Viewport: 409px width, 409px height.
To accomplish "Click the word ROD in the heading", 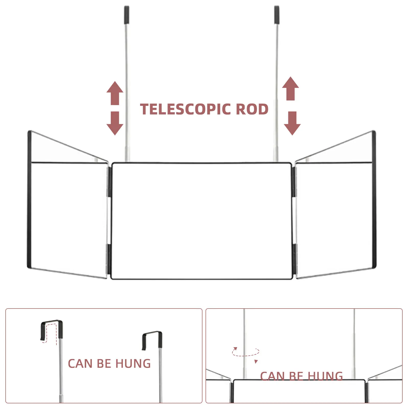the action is (252, 109).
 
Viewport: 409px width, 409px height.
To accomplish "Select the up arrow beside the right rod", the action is (290, 88).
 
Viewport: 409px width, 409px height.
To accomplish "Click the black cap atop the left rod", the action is (127, 15).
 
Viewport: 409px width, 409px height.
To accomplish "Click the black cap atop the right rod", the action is (277, 15).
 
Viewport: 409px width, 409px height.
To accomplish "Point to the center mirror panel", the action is (202, 221).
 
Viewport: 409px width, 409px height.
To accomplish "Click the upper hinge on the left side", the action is (110, 182).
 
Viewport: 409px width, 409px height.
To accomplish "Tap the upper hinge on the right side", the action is (294, 182).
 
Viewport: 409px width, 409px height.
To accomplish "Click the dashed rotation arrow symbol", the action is (246, 353).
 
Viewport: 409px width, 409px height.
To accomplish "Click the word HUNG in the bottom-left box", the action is (133, 364).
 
